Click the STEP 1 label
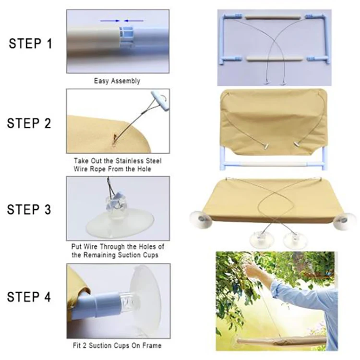(x=31, y=43)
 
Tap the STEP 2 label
(x=29, y=123)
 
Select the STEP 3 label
(x=29, y=209)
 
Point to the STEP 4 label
(x=29, y=297)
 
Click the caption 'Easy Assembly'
(x=117, y=81)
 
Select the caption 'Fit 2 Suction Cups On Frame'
(x=117, y=345)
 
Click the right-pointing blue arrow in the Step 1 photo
(x=110, y=21)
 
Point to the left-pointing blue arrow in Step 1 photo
(x=133, y=21)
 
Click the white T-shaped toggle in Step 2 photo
(x=160, y=101)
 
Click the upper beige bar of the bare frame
(x=273, y=17)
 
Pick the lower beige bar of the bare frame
(x=273, y=59)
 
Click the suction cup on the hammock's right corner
(x=344, y=221)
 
